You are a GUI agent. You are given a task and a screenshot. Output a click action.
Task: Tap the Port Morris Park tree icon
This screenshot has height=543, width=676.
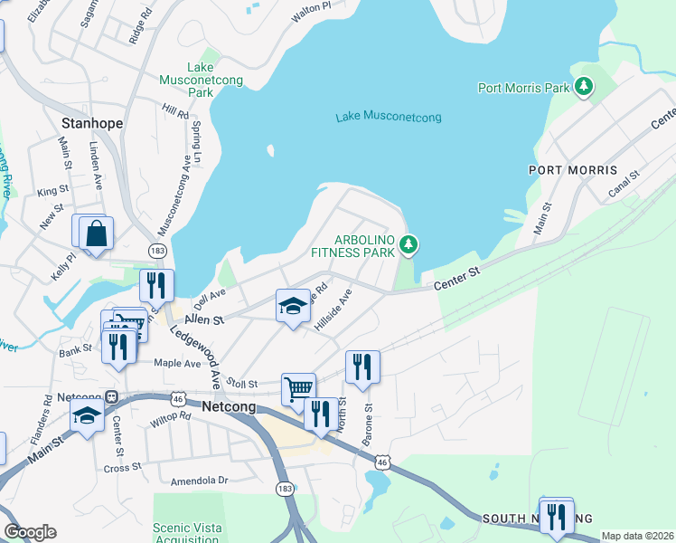(586, 87)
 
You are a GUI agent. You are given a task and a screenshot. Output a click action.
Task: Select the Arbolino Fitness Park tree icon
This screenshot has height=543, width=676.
(408, 243)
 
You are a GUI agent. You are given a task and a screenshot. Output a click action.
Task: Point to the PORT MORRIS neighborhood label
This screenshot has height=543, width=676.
(573, 170)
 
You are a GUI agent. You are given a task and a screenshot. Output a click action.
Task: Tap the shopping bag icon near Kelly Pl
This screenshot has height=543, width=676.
(95, 233)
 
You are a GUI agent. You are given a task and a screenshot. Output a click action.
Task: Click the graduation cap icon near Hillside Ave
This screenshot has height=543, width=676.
(293, 307)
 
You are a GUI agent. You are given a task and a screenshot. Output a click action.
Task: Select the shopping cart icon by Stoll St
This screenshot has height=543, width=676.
(298, 389)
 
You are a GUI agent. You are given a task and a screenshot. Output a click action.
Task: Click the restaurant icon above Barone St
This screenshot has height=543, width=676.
(362, 367)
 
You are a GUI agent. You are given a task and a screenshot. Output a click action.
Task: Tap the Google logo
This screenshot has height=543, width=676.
(30, 532)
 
